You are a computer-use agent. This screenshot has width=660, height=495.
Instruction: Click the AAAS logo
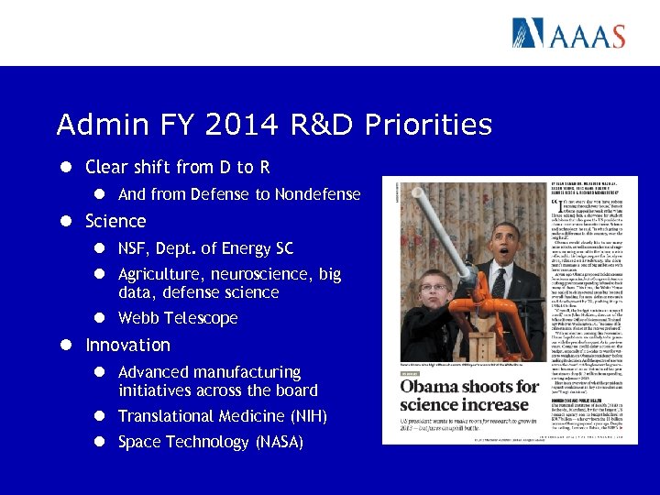568,33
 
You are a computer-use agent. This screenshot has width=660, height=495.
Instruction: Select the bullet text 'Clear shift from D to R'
177,168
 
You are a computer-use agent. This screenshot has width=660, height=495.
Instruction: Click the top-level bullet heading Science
115,221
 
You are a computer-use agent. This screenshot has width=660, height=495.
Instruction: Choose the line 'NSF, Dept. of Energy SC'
205,248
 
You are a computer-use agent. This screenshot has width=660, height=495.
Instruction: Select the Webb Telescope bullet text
178,318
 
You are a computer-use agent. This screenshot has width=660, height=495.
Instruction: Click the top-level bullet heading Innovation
127,346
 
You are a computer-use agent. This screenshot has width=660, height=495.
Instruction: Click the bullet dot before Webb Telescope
104,318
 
